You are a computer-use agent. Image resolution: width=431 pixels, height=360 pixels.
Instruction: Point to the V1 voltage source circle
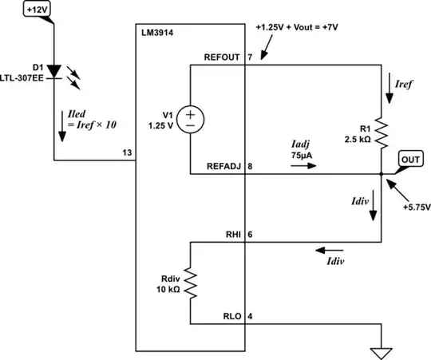click(191, 120)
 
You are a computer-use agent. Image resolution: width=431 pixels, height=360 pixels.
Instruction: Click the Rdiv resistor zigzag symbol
click(190, 283)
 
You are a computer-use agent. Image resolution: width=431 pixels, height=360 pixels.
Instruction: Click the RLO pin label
click(232, 315)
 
